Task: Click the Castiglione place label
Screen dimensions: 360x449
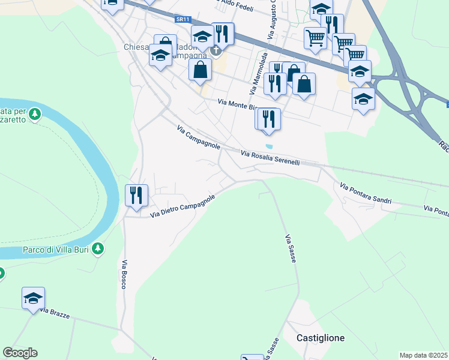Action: [321, 338]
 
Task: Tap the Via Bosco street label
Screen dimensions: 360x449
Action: [124, 275]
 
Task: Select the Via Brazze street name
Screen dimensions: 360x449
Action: [55, 313]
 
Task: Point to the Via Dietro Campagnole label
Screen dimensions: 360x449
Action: [182, 205]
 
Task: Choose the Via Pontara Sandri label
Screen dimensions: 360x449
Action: [365, 194]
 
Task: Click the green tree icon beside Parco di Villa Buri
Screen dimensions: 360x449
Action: [98, 248]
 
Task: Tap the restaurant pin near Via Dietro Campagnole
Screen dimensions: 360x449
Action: [136, 195]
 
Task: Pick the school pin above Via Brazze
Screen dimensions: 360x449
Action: [34, 298]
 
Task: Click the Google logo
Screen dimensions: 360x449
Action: [20, 353]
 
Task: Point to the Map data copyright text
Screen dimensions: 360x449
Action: [424, 355]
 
